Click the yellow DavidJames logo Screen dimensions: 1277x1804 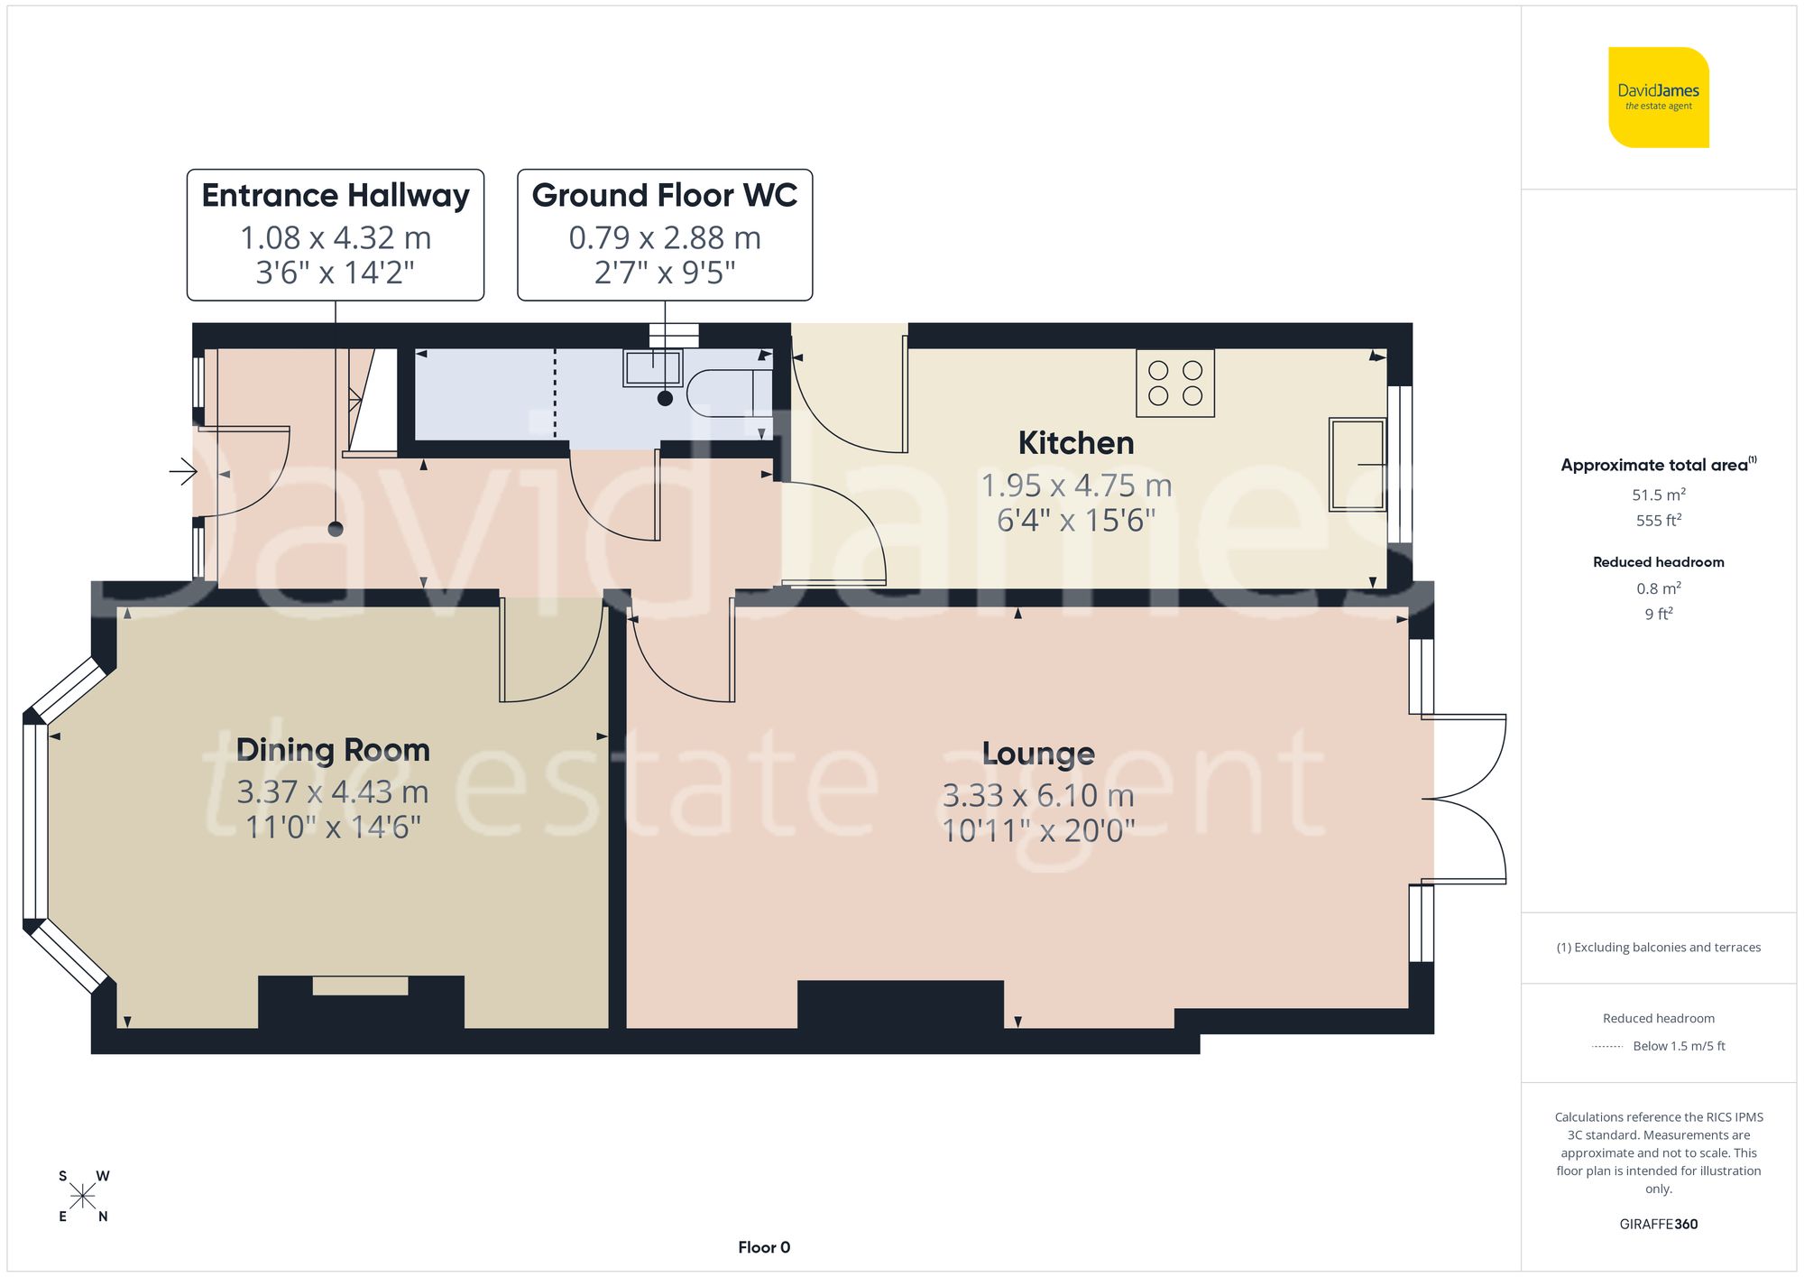coord(1658,97)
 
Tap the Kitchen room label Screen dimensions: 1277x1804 coord(1075,443)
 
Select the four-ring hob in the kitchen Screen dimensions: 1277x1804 coord(1174,383)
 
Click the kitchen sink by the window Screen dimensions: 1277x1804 coord(1357,464)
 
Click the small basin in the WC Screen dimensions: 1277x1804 coord(652,368)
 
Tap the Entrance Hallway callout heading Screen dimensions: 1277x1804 coord(336,195)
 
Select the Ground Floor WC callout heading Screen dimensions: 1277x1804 coord(665,195)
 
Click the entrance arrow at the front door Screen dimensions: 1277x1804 coord(183,471)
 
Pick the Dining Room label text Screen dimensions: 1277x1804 coord(333,750)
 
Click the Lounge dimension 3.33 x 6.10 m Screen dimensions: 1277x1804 coord(1038,796)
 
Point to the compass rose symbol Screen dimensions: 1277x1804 coord(83,1197)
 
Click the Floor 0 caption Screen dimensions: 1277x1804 coord(763,1247)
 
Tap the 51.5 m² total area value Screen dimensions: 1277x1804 coord(1658,495)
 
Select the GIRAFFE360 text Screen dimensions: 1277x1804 coord(1658,1224)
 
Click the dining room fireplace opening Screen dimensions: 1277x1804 coord(360,986)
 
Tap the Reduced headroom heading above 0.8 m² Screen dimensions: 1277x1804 coord(1658,561)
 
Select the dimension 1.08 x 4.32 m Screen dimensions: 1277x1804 coord(336,238)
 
